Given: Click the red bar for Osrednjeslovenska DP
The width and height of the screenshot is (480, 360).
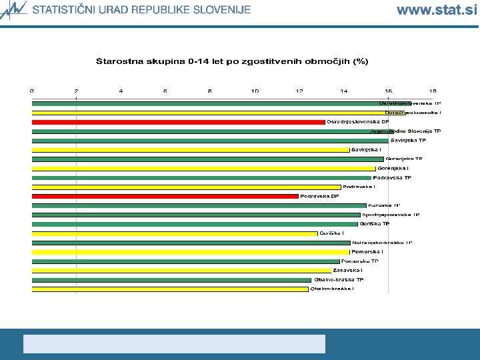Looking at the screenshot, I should pos(179,122).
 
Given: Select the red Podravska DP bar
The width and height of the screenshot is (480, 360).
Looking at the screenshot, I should pos(165,196).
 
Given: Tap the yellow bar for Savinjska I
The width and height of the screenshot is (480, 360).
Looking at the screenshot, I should pos(191,150).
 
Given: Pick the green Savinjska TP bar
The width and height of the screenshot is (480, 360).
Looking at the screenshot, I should pos(210,141).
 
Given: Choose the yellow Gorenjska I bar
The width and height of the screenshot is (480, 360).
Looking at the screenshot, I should pos(204,169).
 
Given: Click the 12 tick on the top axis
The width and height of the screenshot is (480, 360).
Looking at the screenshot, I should pos(299,91).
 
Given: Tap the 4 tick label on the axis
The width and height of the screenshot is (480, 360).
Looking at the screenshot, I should pos(121,91).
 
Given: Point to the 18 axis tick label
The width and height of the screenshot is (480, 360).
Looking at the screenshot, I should pos(433,91).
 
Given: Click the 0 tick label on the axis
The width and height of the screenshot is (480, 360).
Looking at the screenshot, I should pos(32,91).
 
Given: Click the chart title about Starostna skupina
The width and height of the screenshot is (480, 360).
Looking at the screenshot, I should pos(232,61).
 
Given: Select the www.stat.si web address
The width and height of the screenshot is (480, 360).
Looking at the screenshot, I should pos(437,10).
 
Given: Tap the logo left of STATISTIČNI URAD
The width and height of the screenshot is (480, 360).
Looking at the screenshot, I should pos(15,9).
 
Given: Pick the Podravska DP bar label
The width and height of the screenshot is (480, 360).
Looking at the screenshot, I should pos(319,196).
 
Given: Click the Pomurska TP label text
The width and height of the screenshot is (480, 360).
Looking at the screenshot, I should pos(360,261).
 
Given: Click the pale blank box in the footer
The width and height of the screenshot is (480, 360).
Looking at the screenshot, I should pos(174,343).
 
